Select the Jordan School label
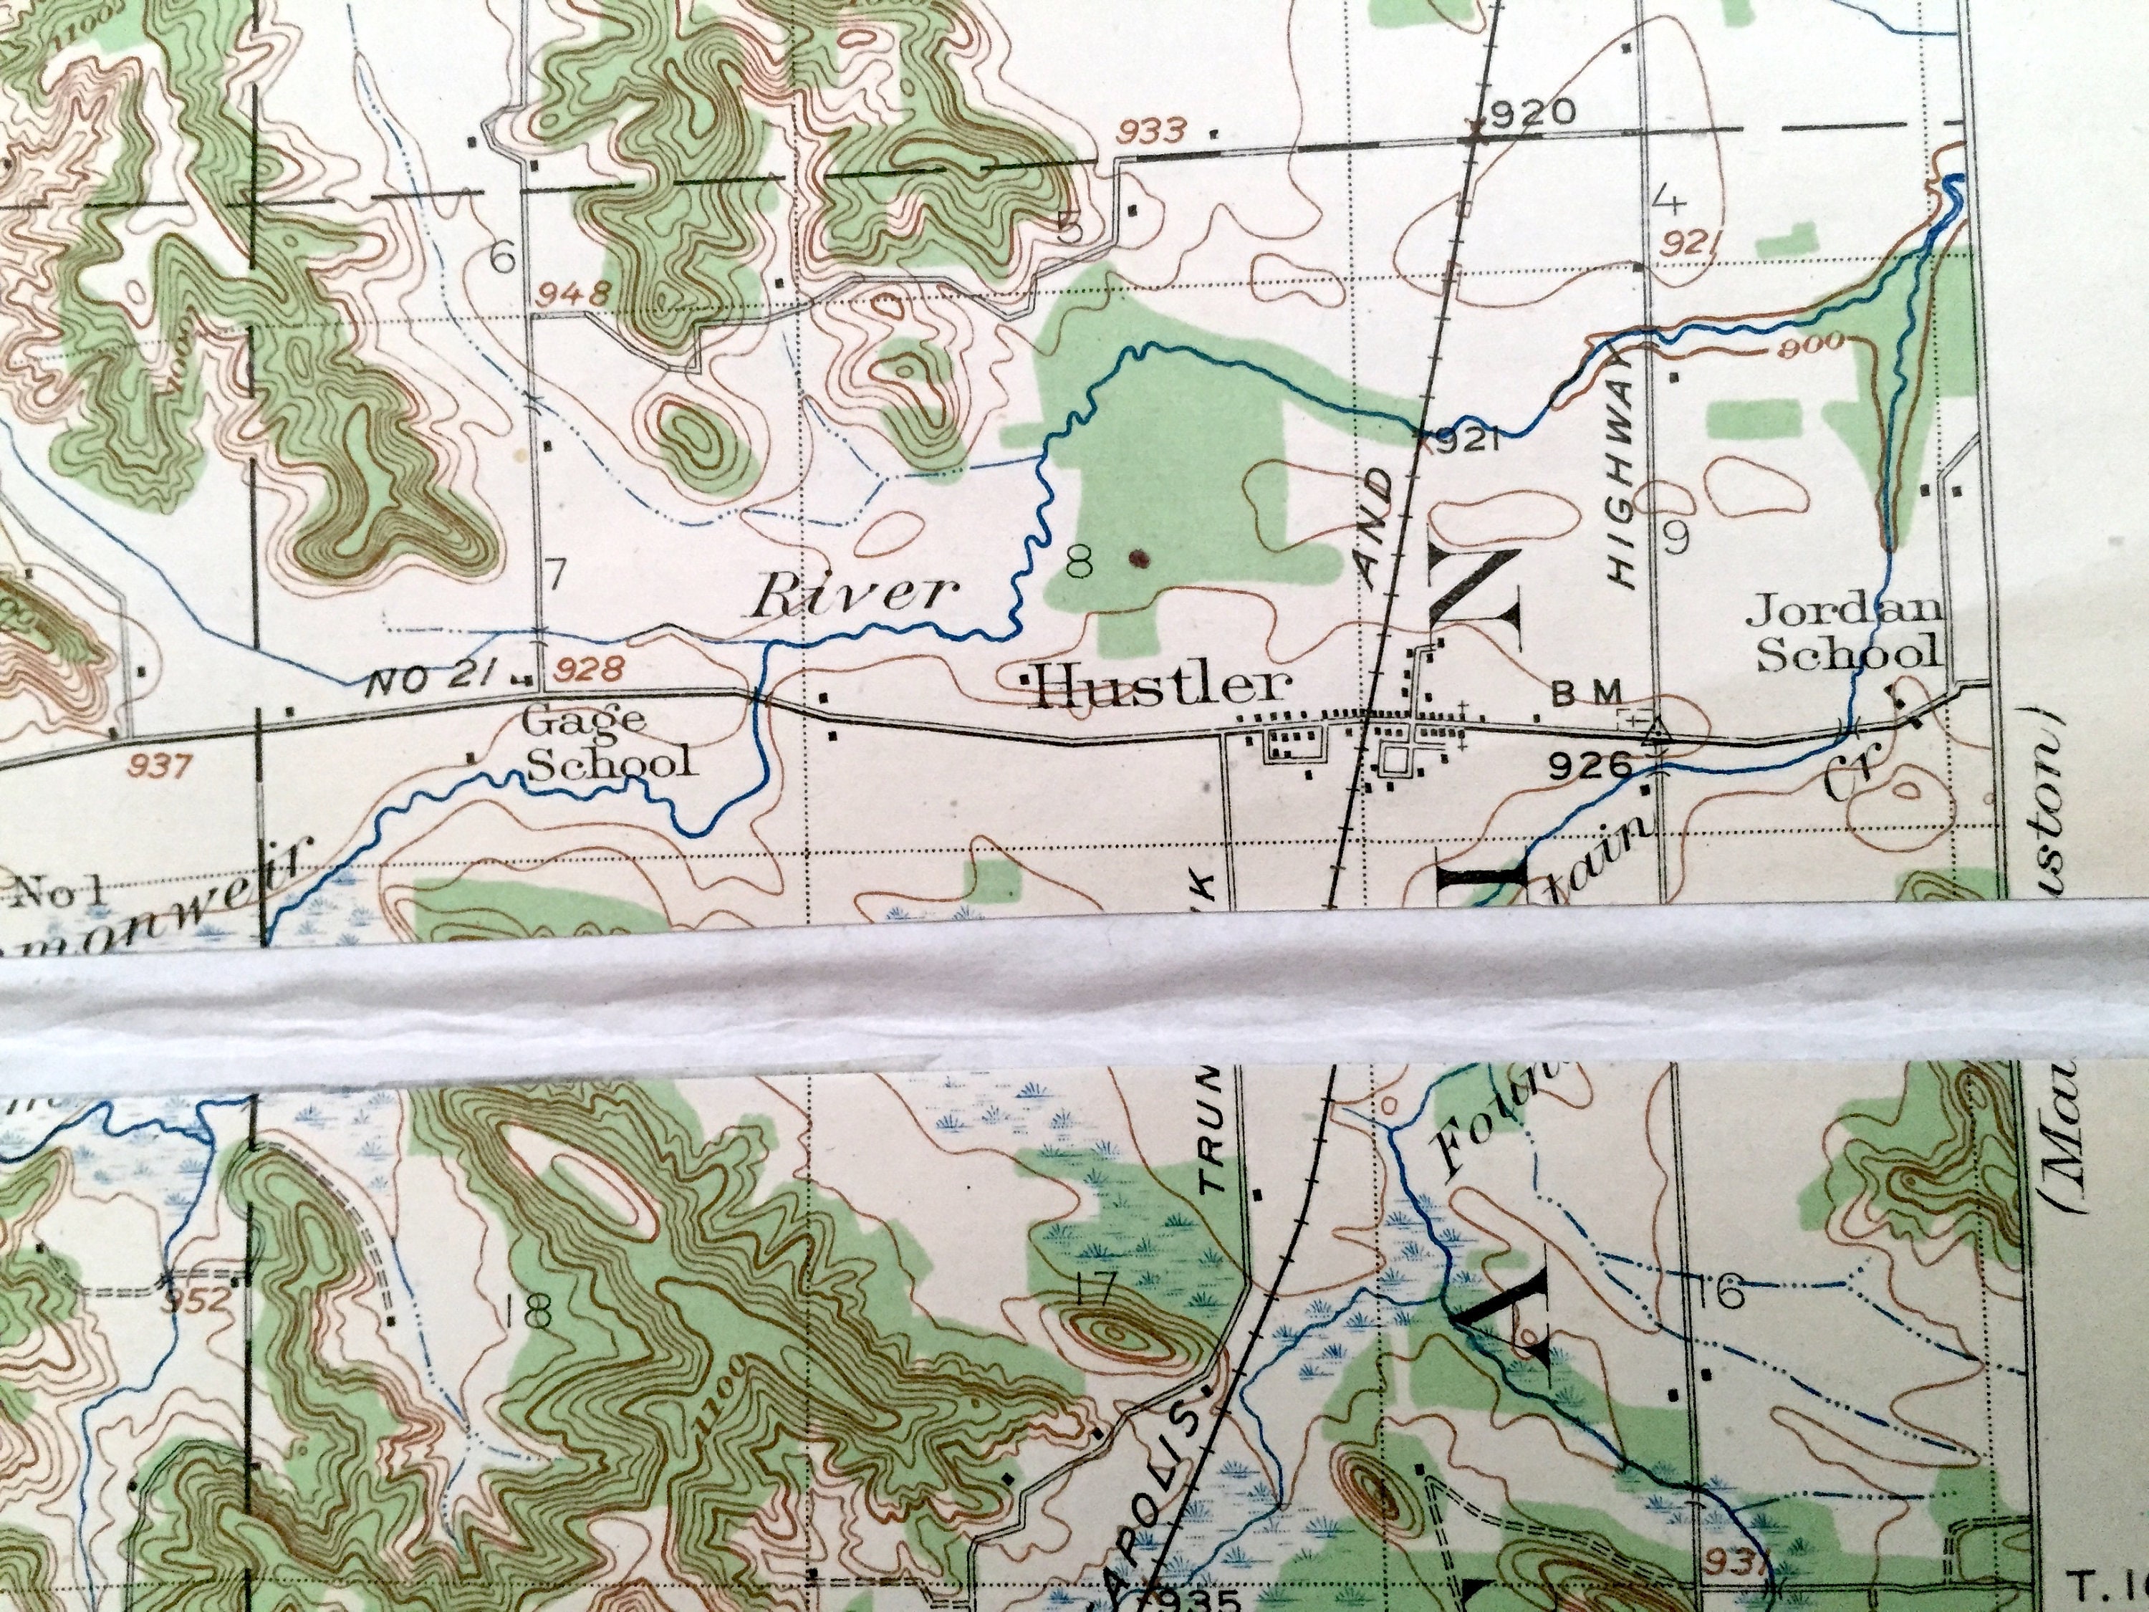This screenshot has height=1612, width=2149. click(x=1847, y=633)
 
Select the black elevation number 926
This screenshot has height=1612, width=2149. click(x=1590, y=767)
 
